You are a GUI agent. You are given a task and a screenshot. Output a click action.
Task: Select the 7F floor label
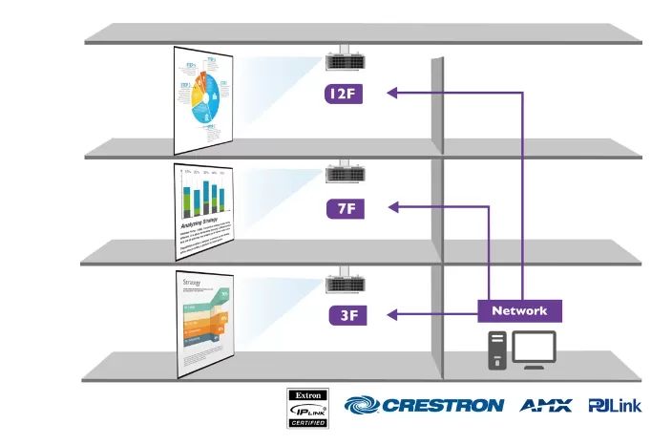click(x=344, y=207)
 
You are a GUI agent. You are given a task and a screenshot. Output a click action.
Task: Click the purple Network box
click(x=519, y=310)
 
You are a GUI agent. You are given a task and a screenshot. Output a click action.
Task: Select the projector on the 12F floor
click(x=344, y=61)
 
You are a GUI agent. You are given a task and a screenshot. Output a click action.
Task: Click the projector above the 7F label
click(x=344, y=175)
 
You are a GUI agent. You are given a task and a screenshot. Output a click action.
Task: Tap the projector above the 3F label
click(x=344, y=284)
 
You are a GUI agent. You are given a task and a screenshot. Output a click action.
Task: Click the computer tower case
click(x=496, y=350)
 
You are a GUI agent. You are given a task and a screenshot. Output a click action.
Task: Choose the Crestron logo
click(x=424, y=405)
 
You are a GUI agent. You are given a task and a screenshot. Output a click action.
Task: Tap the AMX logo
click(x=546, y=405)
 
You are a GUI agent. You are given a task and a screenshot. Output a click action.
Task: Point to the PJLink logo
click(x=616, y=405)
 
